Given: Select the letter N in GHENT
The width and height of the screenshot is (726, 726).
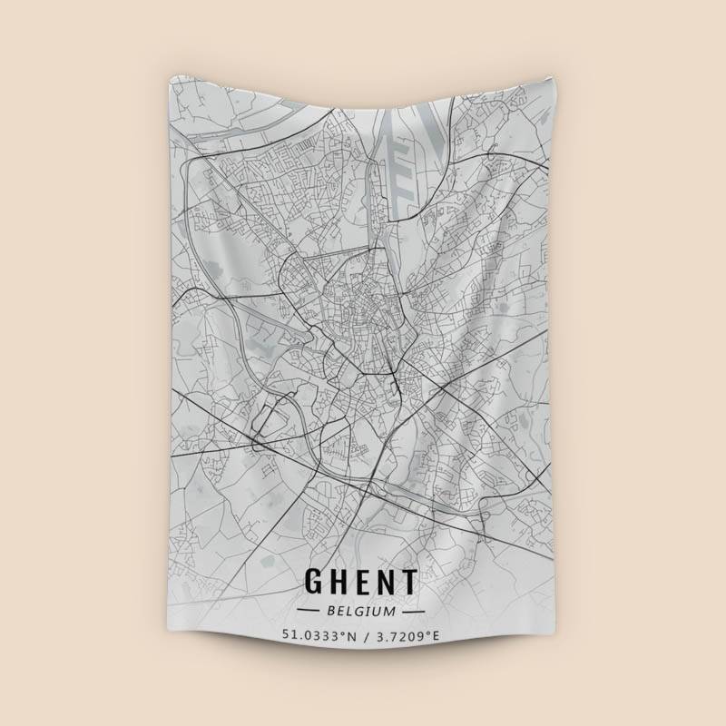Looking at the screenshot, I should [386, 582].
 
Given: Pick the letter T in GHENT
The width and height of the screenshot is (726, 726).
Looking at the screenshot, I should [408, 582].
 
